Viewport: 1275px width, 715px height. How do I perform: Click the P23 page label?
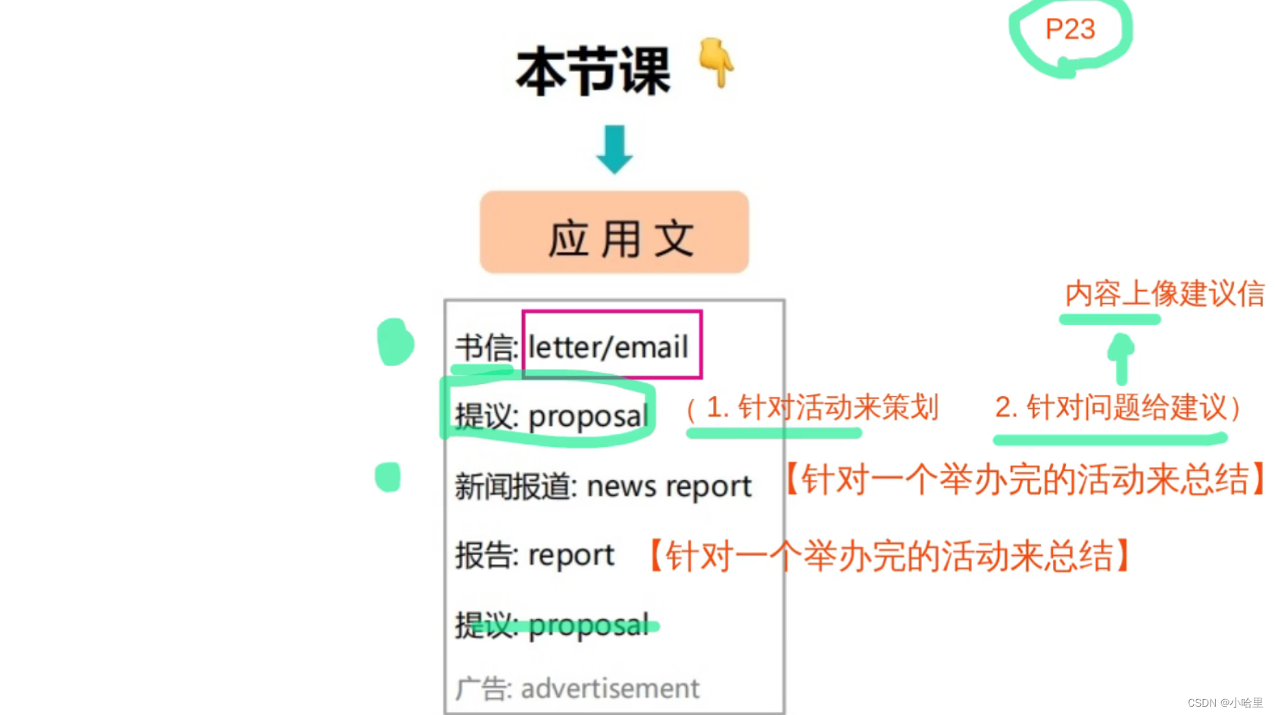click(1070, 30)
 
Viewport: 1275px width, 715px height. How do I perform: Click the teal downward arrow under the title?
click(614, 149)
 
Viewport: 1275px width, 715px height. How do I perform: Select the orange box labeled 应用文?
click(614, 233)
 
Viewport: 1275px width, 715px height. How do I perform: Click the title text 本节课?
click(592, 71)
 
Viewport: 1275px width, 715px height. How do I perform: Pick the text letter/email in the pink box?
click(608, 347)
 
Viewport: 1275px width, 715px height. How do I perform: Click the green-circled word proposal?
click(588, 417)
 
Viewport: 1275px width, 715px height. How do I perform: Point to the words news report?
click(669, 486)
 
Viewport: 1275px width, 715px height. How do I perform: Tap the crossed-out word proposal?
click(589, 626)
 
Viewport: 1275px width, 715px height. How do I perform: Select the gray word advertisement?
click(609, 688)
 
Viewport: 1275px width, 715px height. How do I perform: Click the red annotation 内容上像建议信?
click(1164, 294)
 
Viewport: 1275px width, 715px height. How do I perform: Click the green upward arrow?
click(1121, 357)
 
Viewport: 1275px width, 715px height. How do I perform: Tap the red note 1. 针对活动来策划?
click(821, 407)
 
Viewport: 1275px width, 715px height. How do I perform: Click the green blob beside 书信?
click(395, 342)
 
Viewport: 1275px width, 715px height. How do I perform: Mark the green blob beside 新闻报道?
click(388, 477)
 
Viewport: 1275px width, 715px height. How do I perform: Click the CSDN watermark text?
click(1224, 703)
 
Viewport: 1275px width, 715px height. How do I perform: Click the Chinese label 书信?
click(485, 348)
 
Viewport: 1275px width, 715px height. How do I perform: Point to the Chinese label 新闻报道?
click(513, 486)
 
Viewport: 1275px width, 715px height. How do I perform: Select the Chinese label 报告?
click(485, 556)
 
